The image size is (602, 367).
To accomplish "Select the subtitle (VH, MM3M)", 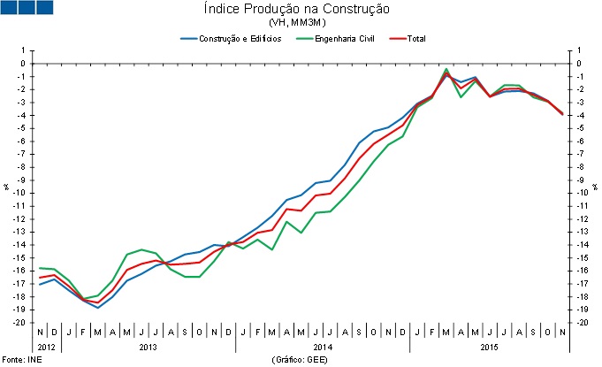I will click(301, 22).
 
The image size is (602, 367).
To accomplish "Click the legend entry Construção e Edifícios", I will click(232, 39).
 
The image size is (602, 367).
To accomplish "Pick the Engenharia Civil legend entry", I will click(340, 39).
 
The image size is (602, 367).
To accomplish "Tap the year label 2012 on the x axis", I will click(48, 346).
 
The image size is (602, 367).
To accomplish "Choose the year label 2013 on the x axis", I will click(148, 346).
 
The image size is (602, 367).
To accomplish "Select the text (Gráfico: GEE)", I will click(301, 360).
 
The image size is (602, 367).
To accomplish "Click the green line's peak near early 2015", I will click(447, 69).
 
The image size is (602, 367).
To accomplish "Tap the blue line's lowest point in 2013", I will click(98, 307).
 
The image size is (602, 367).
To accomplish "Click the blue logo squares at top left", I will click(27, 8).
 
